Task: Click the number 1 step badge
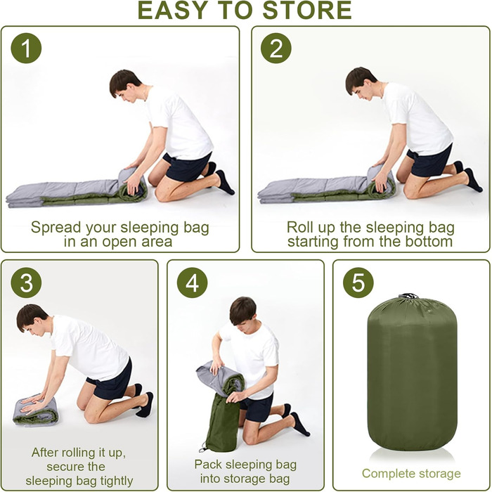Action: tap(27, 48)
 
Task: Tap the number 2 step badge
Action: tap(276, 48)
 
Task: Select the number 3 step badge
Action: tap(27, 283)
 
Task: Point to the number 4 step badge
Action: tap(192, 283)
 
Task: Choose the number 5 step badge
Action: tap(358, 283)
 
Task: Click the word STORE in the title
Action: tap(307, 11)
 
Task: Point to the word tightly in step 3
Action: tap(117, 481)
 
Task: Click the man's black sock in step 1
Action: tap(224, 182)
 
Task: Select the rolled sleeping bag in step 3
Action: tap(35, 410)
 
